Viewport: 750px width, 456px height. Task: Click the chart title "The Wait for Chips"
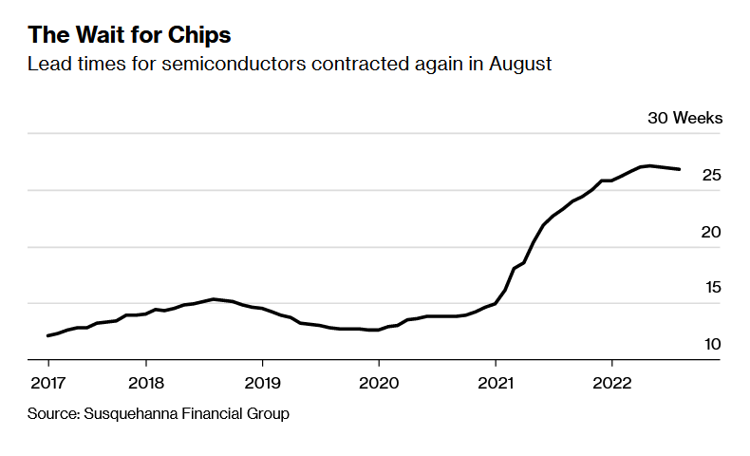tap(129, 35)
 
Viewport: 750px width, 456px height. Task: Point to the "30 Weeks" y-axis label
tap(684, 119)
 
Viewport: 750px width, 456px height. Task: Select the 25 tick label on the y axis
tap(711, 176)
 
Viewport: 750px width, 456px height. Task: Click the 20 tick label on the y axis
tap(711, 232)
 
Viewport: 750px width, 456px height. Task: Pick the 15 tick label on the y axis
tap(711, 288)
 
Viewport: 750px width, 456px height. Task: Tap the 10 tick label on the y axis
tap(711, 344)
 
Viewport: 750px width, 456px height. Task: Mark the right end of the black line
tap(679, 169)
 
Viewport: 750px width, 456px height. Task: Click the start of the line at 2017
tap(47, 335)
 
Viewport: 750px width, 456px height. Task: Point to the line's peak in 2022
tap(650, 165)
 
